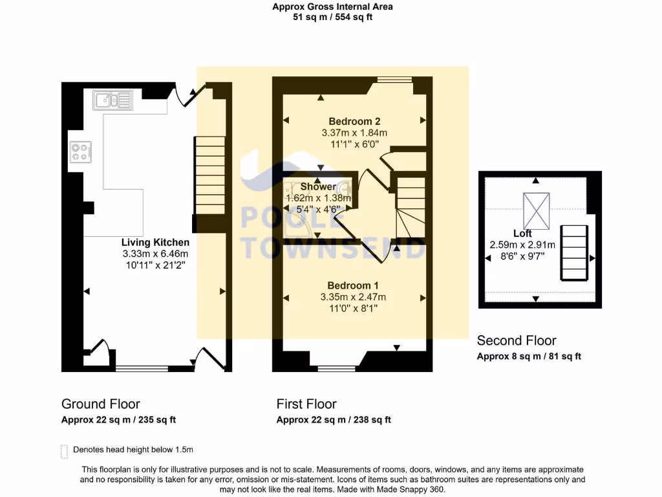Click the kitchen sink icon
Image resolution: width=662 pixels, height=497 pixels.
(x=112, y=100)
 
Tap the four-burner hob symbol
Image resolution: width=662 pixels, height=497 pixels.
(x=81, y=152)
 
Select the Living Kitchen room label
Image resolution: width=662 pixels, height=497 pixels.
(x=155, y=243)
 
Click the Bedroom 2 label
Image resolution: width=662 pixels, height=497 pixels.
(x=355, y=122)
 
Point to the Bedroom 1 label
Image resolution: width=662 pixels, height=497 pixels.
(x=353, y=285)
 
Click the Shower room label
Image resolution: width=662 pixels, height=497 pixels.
(x=318, y=187)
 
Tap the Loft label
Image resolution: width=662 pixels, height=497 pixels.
(x=522, y=233)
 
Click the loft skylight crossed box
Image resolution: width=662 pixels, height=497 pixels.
(x=536, y=211)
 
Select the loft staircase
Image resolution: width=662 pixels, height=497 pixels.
(x=574, y=253)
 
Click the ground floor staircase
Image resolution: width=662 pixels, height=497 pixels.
(x=209, y=175)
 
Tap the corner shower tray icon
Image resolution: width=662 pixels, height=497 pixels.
(x=299, y=223)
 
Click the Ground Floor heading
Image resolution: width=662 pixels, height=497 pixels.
(x=100, y=404)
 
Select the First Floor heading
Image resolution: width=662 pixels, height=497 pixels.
(x=306, y=404)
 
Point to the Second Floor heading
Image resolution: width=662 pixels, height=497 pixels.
(x=517, y=340)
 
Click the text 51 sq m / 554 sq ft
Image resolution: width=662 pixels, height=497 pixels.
(x=333, y=17)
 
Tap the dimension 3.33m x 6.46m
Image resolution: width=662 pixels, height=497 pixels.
(x=155, y=254)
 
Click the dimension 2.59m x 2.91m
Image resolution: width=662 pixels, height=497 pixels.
(x=522, y=245)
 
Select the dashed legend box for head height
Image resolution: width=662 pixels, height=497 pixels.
(x=64, y=452)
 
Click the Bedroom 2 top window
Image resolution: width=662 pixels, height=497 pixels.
(x=394, y=79)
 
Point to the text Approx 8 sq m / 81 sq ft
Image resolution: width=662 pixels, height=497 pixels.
(x=529, y=357)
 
